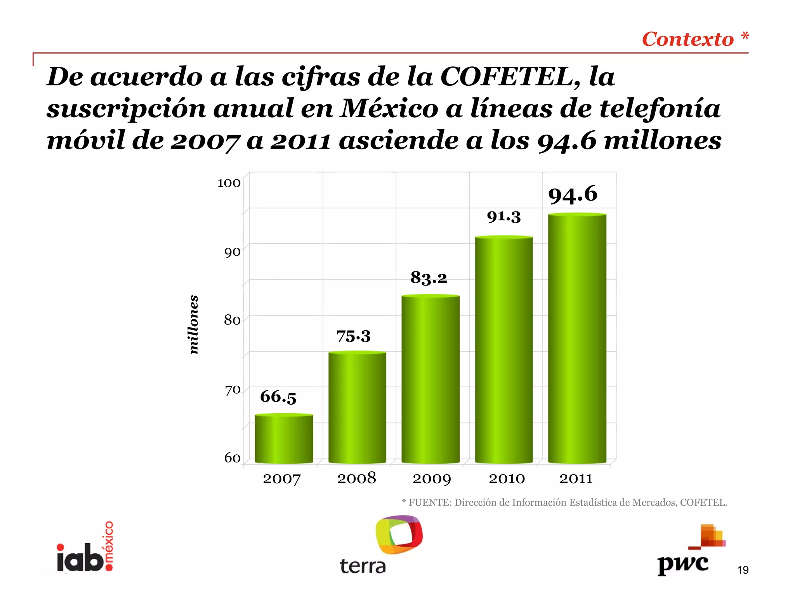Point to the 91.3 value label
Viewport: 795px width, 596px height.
pos(503,217)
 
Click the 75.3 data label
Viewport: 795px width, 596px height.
pos(353,336)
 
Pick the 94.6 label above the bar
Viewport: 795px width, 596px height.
pos(573,194)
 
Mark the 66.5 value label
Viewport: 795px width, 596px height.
pos(278,397)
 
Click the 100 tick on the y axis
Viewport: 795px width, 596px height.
pos(229,183)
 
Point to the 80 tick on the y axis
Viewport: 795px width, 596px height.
pos(232,320)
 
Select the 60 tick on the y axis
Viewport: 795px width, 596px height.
pos(232,458)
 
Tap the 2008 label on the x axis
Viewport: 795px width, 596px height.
pos(356,478)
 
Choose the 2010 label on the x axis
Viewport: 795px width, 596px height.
pos(507,478)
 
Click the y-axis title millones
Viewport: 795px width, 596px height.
pos(193,324)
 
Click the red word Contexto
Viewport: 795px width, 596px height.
pos(687,39)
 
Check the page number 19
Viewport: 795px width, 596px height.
pos(743,570)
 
